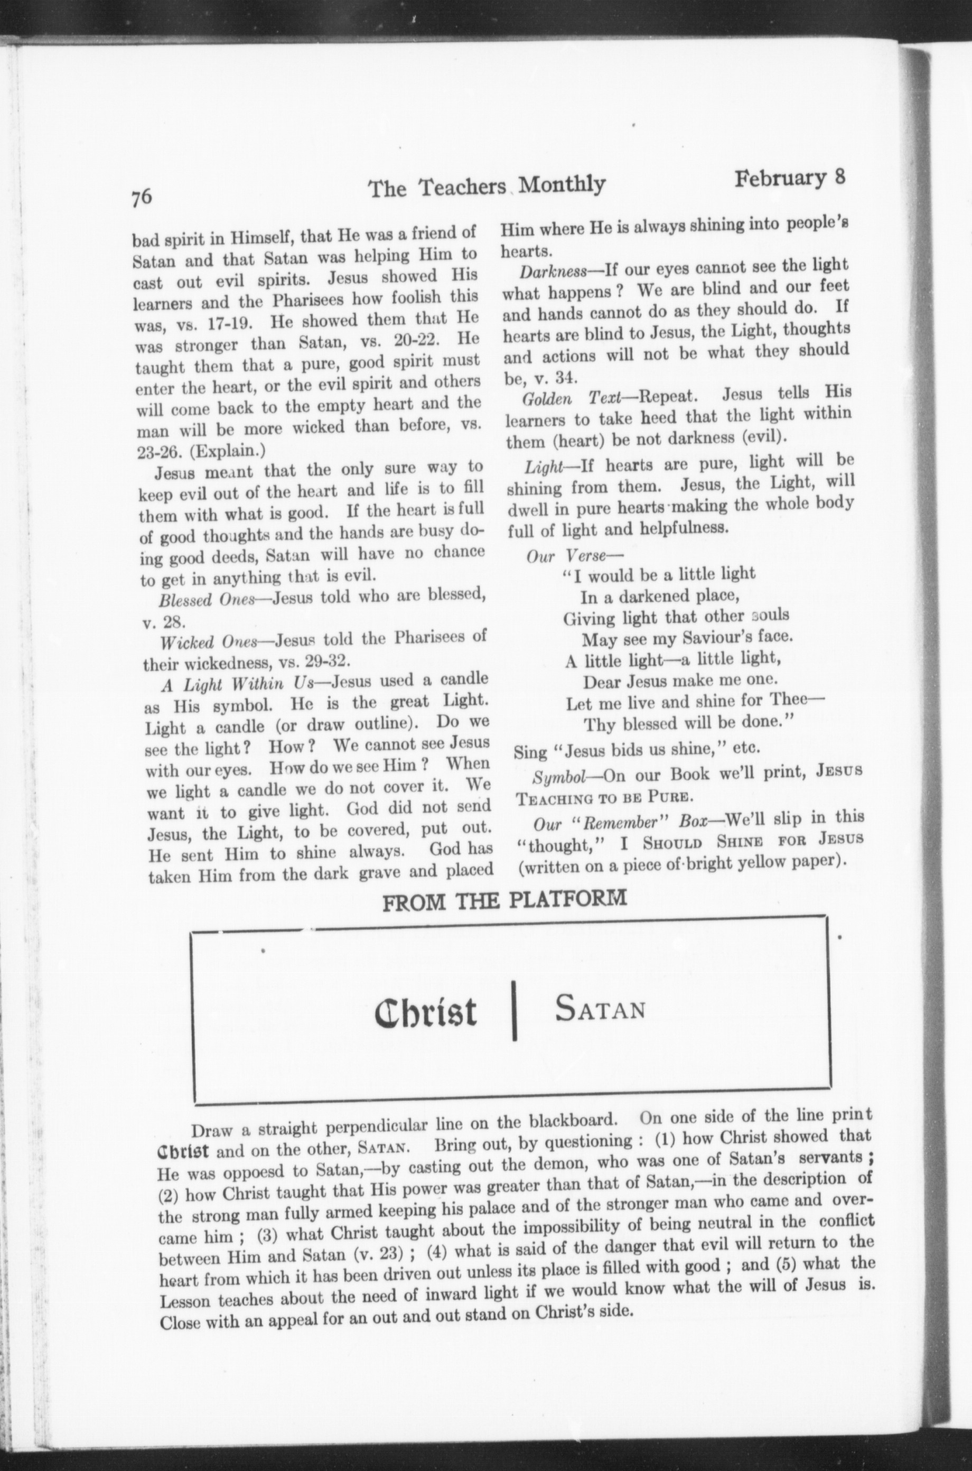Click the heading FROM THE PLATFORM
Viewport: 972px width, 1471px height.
pos(504,899)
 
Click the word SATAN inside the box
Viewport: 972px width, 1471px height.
pos(600,1009)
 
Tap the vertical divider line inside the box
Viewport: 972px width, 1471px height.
pos(514,1010)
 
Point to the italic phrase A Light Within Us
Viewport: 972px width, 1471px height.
pos(239,683)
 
